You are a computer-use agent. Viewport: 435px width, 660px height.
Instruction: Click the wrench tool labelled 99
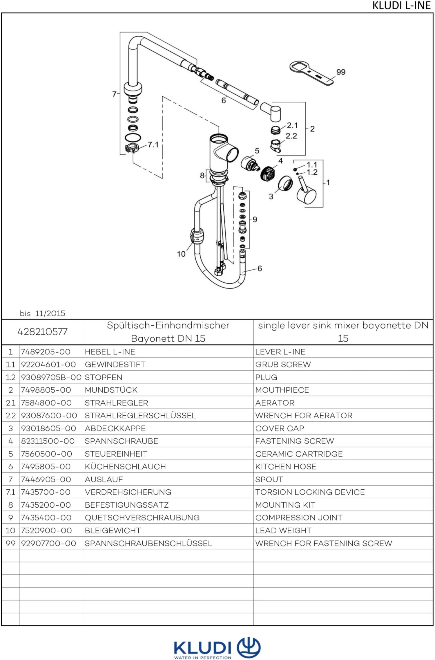[311, 73]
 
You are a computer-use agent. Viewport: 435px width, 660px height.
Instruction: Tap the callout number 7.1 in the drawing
[153, 145]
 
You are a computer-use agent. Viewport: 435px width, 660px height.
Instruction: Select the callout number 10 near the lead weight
[181, 254]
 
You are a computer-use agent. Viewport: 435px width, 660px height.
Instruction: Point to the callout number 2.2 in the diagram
[291, 136]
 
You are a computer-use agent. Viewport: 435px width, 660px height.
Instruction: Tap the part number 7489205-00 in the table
[46, 352]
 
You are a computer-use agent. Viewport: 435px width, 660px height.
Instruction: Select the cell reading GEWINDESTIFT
[115, 365]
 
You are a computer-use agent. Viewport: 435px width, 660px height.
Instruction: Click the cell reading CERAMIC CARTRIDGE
[299, 454]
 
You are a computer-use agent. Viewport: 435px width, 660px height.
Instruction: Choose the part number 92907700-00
[48, 543]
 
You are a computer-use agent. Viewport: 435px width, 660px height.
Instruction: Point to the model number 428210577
[42, 332]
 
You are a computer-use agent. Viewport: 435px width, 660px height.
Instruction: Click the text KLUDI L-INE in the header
[401, 6]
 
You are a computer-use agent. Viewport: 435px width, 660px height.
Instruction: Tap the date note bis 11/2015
[42, 313]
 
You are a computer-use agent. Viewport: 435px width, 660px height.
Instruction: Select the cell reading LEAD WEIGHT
[283, 531]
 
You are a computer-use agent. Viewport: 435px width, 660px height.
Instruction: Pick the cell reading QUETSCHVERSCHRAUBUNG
[142, 518]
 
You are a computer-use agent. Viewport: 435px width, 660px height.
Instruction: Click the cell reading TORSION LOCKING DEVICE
[310, 492]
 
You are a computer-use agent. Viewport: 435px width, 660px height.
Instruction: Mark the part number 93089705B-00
[51, 377]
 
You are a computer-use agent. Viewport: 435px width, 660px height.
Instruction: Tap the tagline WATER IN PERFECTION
[202, 657]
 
